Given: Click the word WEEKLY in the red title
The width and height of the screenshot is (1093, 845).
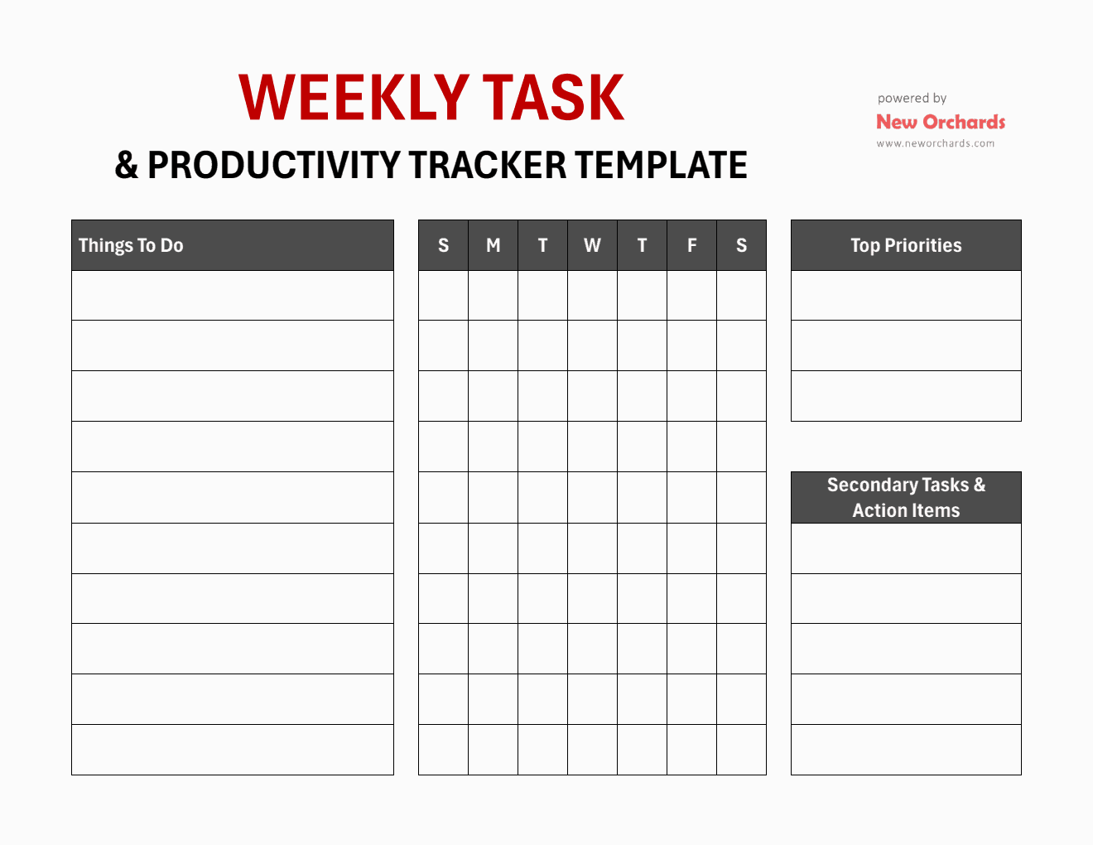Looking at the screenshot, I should pyautogui.click(x=354, y=99).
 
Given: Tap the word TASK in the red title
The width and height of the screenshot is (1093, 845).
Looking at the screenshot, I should pyautogui.click(x=553, y=99).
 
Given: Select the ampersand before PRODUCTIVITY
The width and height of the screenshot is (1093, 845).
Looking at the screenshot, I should pyautogui.click(x=126, y=165).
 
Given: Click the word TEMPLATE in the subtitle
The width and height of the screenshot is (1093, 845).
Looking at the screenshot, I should pyautogui.click(x=662, y=165).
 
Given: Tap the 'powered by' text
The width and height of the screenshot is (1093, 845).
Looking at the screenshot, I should pyautogui.click(x=912, y=99).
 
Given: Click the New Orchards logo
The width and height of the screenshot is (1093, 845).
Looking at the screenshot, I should pyautogui.click(x=941, y=122).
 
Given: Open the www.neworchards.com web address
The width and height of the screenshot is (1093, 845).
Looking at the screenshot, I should pyautogui.click(x=936, y=143).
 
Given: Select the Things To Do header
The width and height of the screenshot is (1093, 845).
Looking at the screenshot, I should pyautogui.click(x=131, y=245).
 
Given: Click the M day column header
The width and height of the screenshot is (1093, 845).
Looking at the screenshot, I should pyautogui.click(x=494, y=245).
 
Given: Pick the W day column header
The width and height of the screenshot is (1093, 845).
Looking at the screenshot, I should pyautogui.click(x=592, y=245).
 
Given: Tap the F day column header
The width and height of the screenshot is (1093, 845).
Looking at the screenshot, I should pyautogui.click(x=692, y=245).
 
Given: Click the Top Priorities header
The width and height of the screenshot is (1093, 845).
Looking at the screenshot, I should pyautogui.click(x=906, y=245).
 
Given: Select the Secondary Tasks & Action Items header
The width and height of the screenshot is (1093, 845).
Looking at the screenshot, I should pyautogui.click(x=906, y=497).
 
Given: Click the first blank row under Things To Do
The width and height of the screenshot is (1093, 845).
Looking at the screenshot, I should pyautogui.click(x=233, y=296).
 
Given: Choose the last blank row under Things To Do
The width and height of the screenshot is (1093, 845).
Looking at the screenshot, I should pyautogui.click(x=233, y=750).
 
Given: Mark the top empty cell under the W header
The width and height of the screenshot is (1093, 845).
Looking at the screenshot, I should pyautogui.click(x=592, y=296).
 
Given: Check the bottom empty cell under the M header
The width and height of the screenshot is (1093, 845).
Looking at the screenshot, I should pyautogui.click(x=494, y=750).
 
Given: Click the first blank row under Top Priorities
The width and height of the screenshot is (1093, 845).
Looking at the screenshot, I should pyautogui.click(x=906, y=296).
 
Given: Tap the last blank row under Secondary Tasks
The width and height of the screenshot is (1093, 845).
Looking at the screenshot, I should pyautogui.click(x=906, y=750).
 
